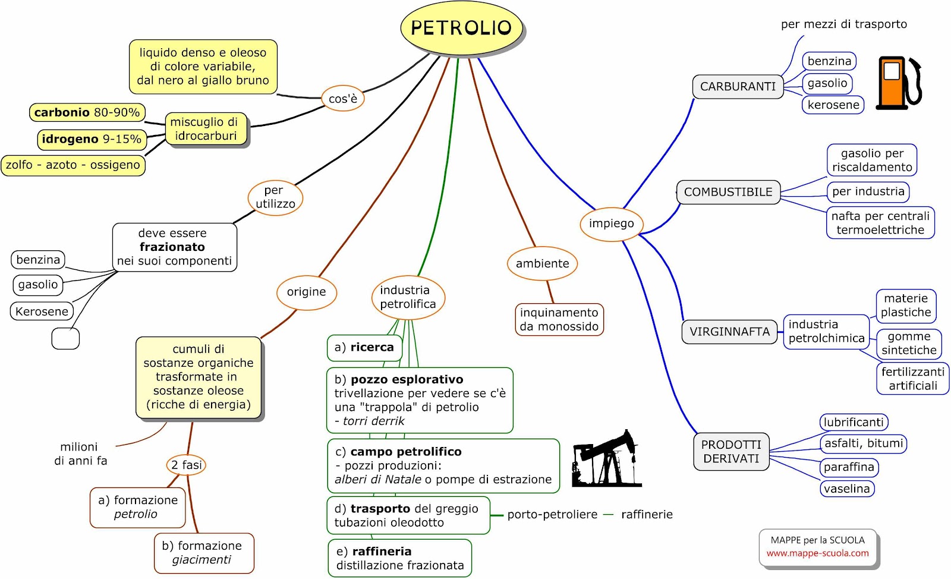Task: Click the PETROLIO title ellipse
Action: point(461,27)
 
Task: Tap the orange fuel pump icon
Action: point(899,83)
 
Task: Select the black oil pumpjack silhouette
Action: point(607,458)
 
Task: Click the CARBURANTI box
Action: point(738,87)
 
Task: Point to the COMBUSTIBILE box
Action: point(728,192)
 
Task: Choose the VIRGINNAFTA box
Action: point(729,332)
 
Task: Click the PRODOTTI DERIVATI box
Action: point(731,452)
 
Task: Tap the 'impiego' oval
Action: point(612,224)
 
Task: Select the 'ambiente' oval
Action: point(542,263)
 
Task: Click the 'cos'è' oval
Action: point(343,99)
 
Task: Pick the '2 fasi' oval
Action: point(187,465)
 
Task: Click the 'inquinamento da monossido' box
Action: point(559,320)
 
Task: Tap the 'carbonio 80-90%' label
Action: point(87,112)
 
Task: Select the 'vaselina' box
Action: point(847,489)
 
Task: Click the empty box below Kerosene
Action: point(65,338)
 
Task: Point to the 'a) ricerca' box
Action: point(364,348)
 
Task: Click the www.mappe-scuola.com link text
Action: point(818,553)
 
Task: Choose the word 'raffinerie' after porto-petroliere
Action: point(647,514)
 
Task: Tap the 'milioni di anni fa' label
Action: point(80,454)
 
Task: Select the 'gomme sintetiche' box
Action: point(909,343)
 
